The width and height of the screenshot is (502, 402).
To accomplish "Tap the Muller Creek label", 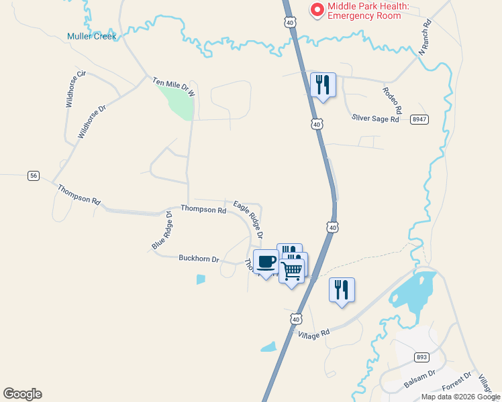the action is point(91,36).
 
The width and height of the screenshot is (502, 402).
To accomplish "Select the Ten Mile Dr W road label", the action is point(173,86).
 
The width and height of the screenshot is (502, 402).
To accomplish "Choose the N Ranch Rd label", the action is point(424,38).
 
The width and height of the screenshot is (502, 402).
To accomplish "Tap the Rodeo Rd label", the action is point(393,100).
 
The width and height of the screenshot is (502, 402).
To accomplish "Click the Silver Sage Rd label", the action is point(375,118).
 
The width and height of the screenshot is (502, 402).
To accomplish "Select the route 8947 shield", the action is point(419,119).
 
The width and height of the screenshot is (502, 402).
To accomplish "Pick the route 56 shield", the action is point(34,176).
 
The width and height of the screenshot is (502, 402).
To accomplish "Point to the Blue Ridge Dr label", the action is point(162,231).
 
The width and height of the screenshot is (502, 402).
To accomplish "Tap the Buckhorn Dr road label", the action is point(199,258).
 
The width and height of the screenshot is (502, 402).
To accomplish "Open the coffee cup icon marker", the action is point(266,261).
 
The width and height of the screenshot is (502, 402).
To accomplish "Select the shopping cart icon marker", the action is point(292,271).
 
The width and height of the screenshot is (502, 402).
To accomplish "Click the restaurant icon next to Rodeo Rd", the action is point(323,84).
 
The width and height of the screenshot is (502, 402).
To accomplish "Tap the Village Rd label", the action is point(315,334).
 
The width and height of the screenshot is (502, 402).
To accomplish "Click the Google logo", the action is point(22,394).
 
